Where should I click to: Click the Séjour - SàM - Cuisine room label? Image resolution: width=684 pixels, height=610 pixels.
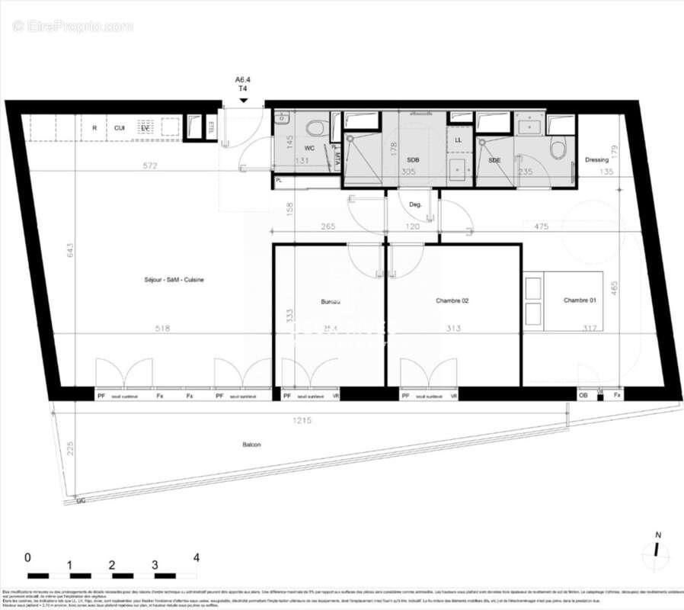[174, 280]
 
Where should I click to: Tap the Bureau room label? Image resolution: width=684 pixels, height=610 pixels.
[330, 301]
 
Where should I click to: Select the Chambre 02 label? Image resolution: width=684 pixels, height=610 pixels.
[452, 301]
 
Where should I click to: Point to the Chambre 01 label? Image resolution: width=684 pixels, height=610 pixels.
[580, 300]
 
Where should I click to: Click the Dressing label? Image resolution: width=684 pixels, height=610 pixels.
[596, 160]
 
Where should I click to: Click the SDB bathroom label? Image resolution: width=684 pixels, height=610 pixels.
[413, 159]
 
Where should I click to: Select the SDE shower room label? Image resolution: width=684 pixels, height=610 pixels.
[494, 159]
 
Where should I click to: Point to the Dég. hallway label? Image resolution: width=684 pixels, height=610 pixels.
[415, 204]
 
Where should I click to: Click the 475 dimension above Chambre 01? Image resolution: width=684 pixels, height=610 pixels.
[542, 226]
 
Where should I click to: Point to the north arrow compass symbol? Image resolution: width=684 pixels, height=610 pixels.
[655, 551]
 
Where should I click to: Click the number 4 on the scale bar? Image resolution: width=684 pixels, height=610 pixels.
[197, 557]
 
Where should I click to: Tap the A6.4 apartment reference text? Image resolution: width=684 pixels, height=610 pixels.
[243, 79]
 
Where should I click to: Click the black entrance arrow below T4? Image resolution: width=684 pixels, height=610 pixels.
[243, 98]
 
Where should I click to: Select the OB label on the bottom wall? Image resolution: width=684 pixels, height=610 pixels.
[583, 396]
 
